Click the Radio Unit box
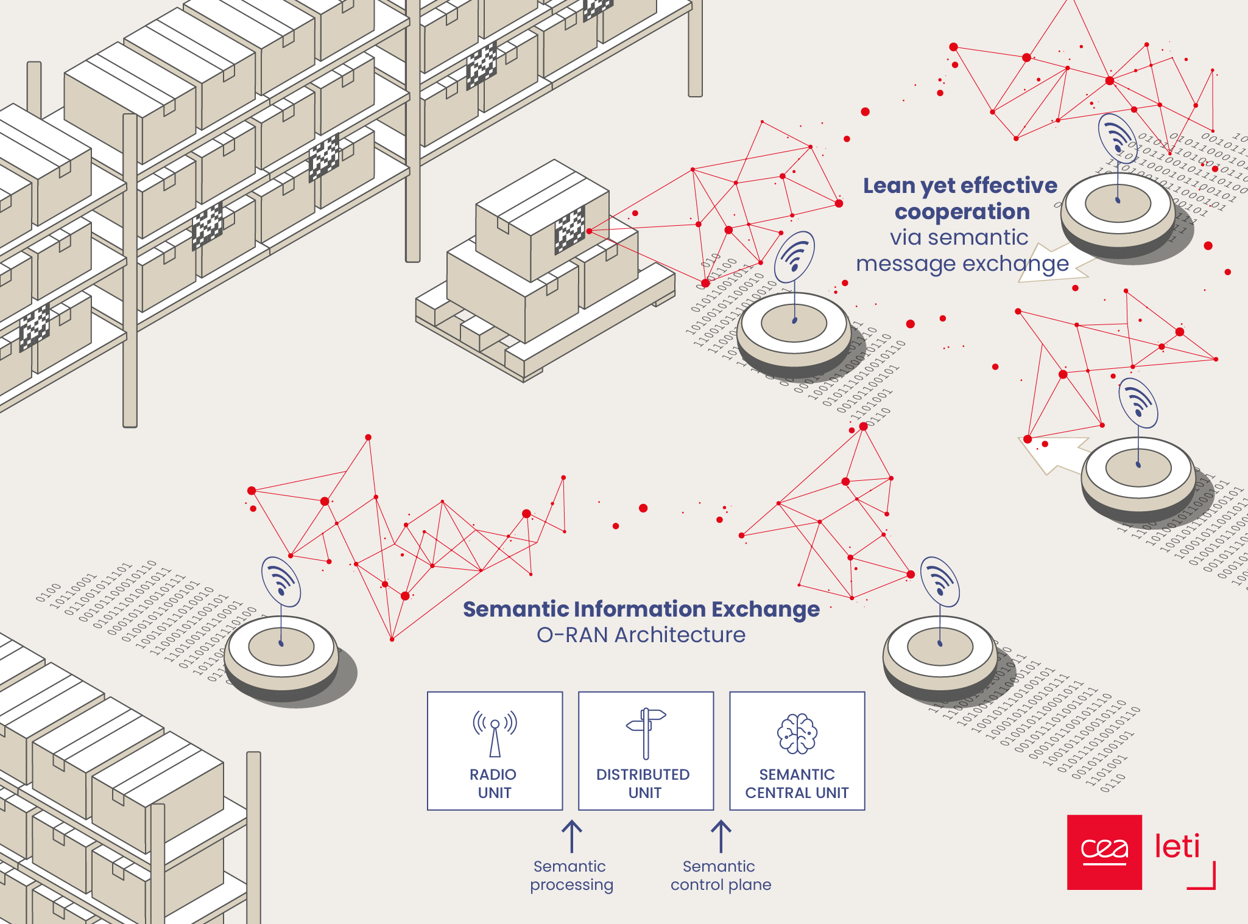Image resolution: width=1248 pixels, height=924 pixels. (x=495, y=751)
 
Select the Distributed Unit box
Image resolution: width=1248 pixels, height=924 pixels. (x=646, y=751)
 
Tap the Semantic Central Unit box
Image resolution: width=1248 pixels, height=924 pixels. (x=797, y=751)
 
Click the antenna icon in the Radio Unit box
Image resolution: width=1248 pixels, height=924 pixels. (x=495, y=733)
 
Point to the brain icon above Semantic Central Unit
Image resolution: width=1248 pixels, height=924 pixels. (x=797, y=733)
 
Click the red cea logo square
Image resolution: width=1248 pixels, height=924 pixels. (x=1104, y=852)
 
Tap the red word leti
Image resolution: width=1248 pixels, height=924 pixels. (x=1177, y=846)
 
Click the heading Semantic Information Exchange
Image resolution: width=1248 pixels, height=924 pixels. (x=641, y=609)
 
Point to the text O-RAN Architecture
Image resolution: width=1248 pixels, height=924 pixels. (x=641, y=635)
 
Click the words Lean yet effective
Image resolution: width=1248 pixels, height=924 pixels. (x=960, y=186)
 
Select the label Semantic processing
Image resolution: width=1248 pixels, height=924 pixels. (x=571, y=875)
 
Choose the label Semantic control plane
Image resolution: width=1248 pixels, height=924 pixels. (x=721, y=875)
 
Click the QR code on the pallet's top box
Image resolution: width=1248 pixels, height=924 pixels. (x=569, y=230)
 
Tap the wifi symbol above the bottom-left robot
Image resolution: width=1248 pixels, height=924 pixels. (x=281, y=581)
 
